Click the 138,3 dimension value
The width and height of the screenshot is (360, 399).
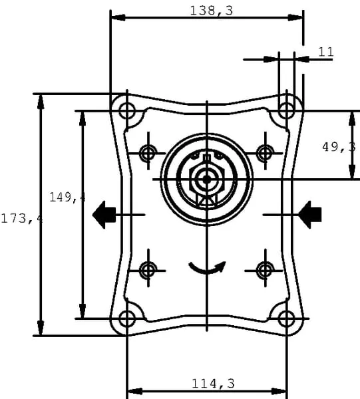tap(212, 11)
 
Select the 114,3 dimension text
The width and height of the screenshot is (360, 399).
tap(213, 384)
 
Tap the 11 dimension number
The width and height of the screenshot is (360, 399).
tap(326, 52)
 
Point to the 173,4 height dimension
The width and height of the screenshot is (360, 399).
tap(21, 219)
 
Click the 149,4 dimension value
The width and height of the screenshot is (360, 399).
tap(67, 198)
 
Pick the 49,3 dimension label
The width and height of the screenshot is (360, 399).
tap(339, 147)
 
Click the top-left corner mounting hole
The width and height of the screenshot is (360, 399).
tap(127, 110)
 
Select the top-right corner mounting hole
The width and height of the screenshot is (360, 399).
tap(286, 110)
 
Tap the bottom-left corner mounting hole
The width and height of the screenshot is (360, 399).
tap(127, 319)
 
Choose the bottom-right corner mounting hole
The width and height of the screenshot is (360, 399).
tap(286, 319)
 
